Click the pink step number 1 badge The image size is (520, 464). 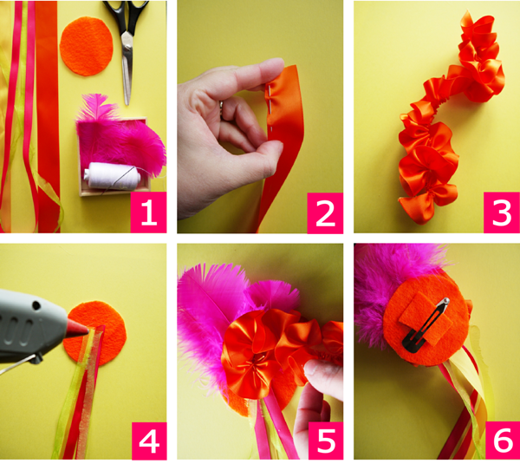coord(148,212)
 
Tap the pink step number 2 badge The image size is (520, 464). coord(325,212)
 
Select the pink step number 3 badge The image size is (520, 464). coord(502,212)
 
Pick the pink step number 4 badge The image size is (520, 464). coord(149,441)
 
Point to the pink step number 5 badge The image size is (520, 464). coord(327,441)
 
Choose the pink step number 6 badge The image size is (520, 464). coord(503,441)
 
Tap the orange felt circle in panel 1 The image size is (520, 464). coord(87,47)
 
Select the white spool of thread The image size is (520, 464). coord(112,175)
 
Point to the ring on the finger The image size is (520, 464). coord(221,105)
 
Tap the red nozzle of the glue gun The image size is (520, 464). coord(78,327)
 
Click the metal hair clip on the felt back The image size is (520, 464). coord(426,324)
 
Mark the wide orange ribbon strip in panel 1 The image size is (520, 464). coord(48,116)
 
